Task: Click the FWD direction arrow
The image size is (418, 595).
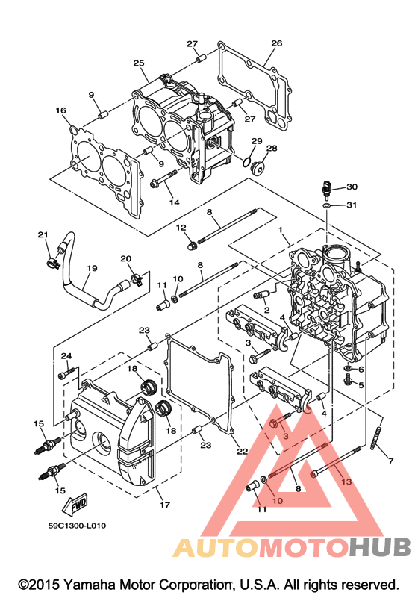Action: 75,505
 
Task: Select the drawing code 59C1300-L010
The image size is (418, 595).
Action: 77,526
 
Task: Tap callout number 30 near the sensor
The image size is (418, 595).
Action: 352,187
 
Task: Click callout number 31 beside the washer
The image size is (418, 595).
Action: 352,205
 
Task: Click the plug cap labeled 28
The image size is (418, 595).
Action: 258,167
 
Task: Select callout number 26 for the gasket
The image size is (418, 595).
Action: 276,43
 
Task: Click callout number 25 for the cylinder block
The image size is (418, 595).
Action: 139,63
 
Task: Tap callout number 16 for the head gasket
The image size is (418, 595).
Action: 60,110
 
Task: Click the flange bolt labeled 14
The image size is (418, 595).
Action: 164,179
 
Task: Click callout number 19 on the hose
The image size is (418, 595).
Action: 92,268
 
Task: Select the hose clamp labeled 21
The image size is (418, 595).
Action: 54,262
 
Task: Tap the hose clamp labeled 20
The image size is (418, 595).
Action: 136,280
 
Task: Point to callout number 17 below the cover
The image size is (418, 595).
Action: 165,505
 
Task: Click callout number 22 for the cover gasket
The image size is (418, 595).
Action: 242,451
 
